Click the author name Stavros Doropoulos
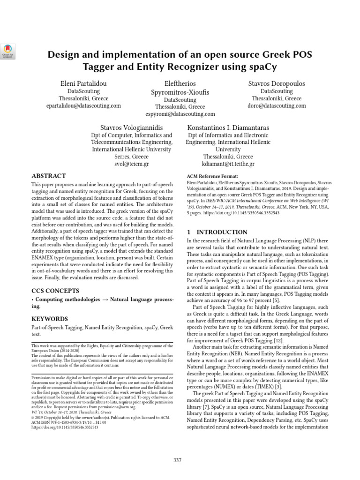(x=276, y=83)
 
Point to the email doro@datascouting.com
(x=276, y=106)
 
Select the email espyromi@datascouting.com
(x=180, y=113)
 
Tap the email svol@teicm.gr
(x=132, y=164)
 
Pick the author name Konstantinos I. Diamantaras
(x=228, y=127)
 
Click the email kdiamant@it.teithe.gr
(x=228, y=164)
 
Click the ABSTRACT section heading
(x=48, y=176)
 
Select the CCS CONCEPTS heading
(x=55, y=291)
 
